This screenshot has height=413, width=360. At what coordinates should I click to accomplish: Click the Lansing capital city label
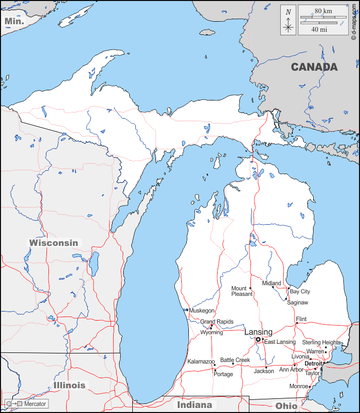click(x=258, y=332)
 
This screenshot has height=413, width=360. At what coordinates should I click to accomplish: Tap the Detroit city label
click(x=313, y=364)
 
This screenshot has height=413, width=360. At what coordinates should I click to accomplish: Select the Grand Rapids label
click(x=217, y=322)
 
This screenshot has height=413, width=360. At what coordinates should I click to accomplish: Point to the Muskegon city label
click(x=201, y=311)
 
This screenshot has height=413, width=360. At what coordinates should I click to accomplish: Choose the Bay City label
click(x=300, y=291)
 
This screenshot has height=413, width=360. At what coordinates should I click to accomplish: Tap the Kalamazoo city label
click(x=201, y=362)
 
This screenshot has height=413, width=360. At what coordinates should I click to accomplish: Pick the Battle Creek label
click(x=235, y=360)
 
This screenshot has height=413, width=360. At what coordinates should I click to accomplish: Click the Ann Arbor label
click(x=291, y=370)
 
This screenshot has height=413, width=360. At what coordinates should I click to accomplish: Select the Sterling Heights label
click(x=322, y=342)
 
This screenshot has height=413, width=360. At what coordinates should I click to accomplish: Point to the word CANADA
click(x=314, y=67)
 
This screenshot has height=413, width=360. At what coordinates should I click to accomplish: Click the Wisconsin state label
click(x=54, y=242)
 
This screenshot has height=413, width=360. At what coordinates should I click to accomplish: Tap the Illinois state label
click(x=69, y=385)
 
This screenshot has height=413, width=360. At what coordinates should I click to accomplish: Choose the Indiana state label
click(x=194, y=405)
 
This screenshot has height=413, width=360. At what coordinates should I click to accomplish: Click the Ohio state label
click(x=286, y=405)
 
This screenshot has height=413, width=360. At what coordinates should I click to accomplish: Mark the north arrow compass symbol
click(x=288, y=20)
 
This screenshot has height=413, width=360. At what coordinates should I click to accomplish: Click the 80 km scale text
click(x=323, y=11)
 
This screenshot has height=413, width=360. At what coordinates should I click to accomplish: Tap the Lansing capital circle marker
click(x=258, y=340)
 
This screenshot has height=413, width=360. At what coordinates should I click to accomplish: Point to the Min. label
click(x=14, y=21)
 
